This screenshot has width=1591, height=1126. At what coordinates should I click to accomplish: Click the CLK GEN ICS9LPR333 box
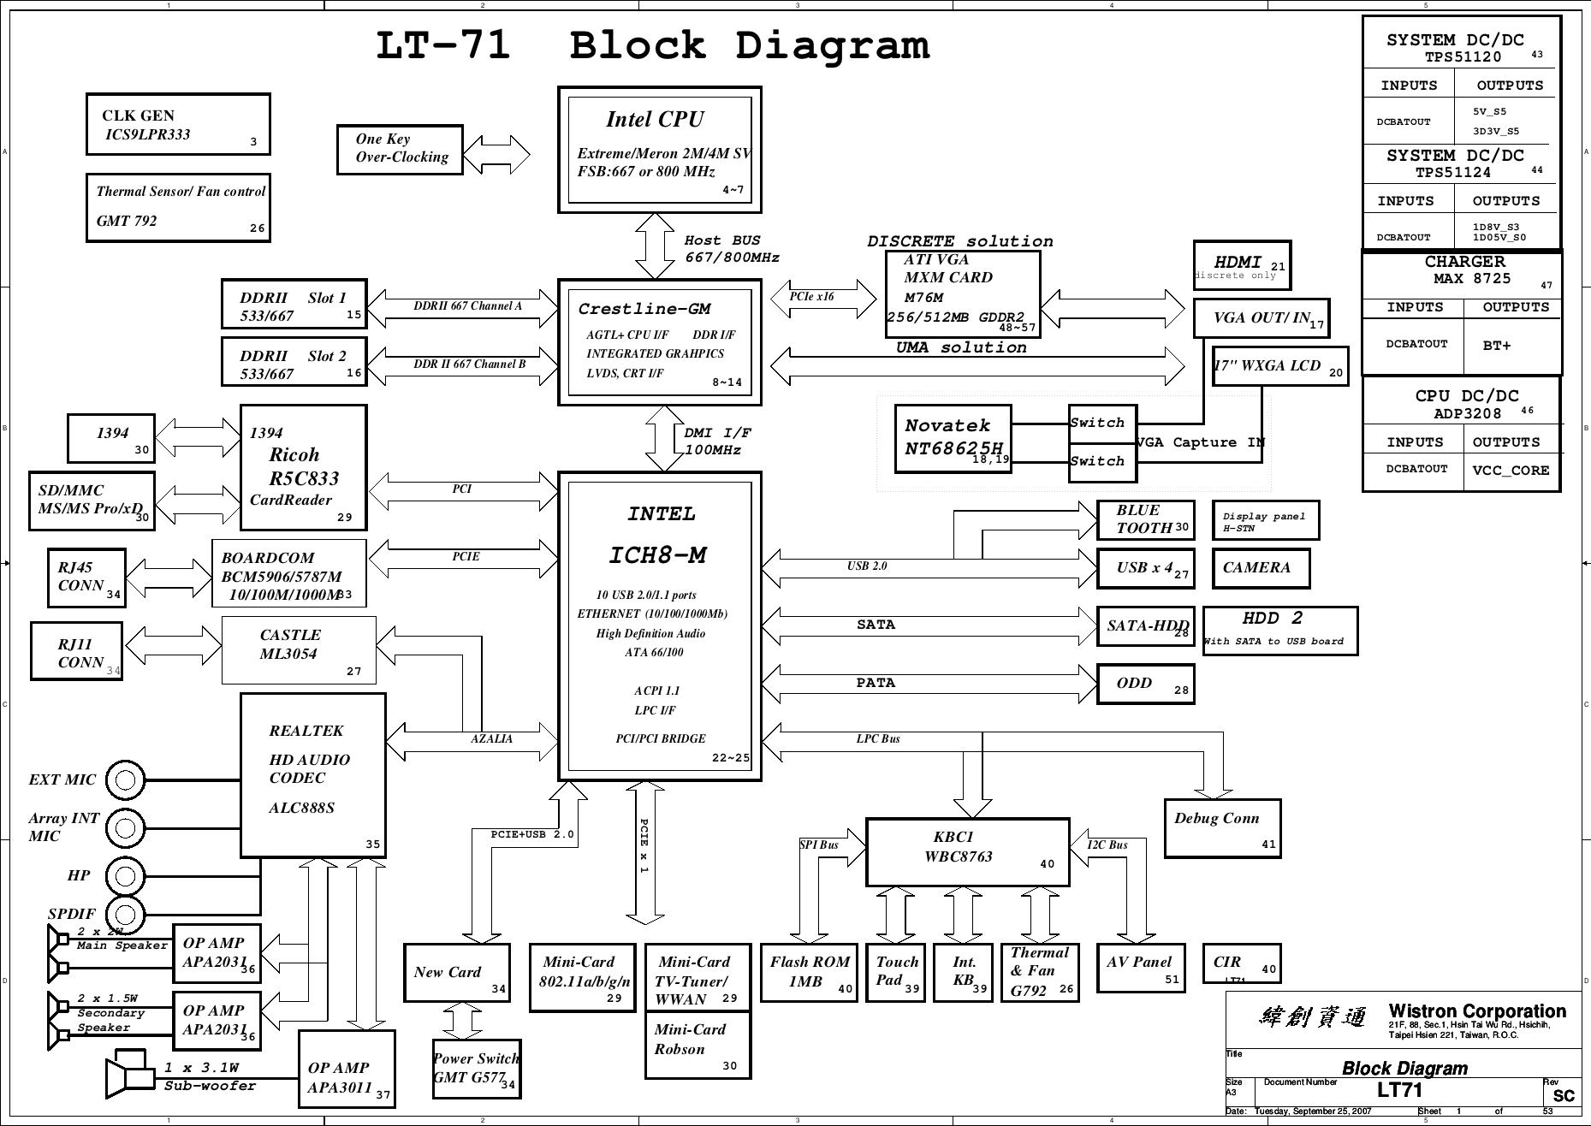click(178, 125)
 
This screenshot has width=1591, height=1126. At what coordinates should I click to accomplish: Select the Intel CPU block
click(659, 150)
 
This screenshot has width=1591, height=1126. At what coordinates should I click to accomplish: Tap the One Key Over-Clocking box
click(400, 150)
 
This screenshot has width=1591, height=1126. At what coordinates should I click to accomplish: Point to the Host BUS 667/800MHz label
click(731, 249)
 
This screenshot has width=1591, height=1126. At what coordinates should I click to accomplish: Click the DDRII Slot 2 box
click(294, 364)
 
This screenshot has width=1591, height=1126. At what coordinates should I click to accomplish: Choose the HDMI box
click(1241, 265)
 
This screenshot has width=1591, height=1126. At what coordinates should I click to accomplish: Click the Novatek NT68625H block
click(953, 439)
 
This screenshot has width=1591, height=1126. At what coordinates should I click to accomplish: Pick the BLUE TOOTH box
click(1144, 520)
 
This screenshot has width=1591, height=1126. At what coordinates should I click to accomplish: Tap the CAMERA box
click(1260, 568)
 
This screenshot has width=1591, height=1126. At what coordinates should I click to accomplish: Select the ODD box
click(1144, 684)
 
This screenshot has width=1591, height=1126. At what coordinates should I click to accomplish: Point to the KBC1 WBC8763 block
click(967, 852)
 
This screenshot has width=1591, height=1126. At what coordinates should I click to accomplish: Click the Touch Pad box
click(895, 972)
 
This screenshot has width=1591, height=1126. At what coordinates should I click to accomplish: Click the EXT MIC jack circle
click(127, 779)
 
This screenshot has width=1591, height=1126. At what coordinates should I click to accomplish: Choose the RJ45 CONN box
click(86, 578)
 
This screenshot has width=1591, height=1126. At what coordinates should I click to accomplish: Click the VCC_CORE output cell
click(1511, 471)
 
